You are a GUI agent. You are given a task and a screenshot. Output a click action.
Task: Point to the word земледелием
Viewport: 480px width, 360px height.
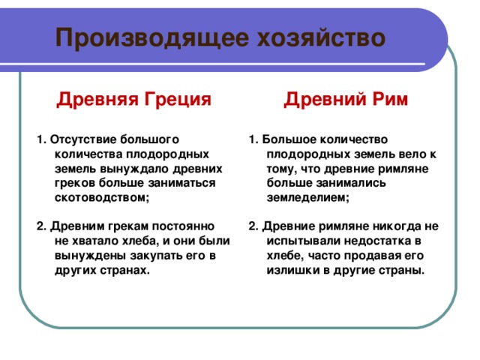(307, 197)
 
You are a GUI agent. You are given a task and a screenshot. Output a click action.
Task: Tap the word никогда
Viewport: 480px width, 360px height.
(396, 226)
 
